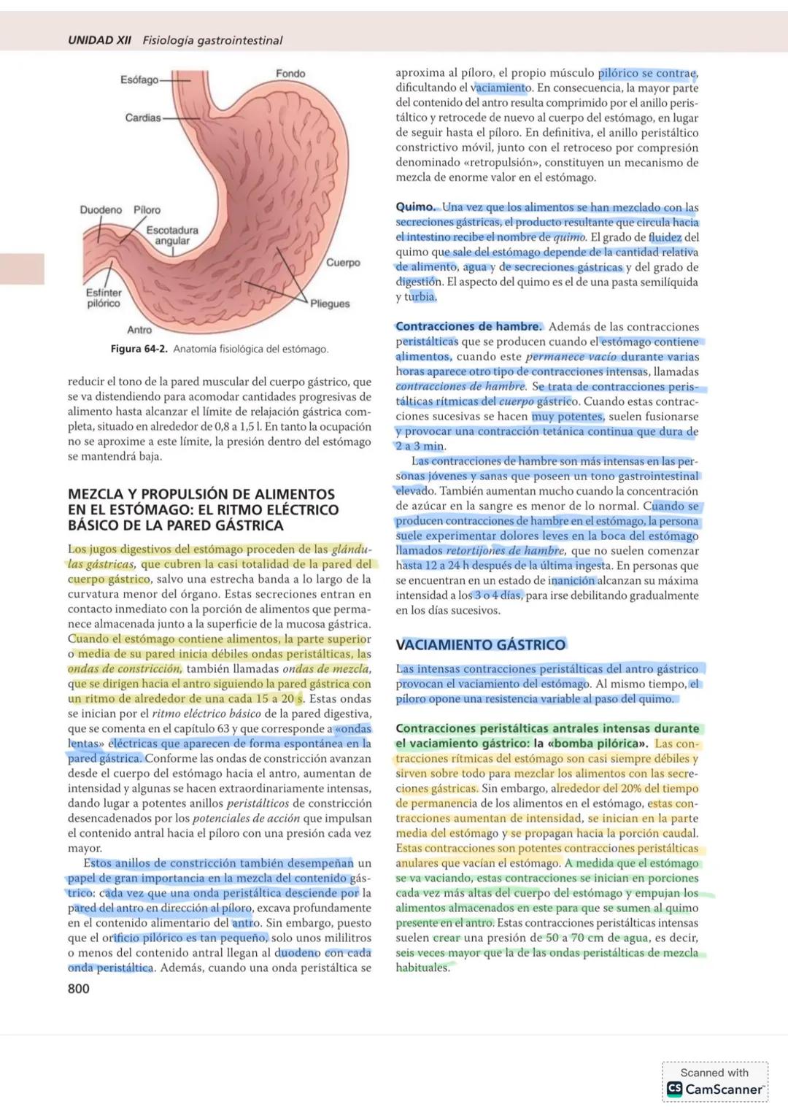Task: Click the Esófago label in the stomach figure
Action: point(139,80)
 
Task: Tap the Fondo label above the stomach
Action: point(290,74)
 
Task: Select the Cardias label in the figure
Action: point(142,117)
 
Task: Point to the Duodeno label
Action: point(101,210)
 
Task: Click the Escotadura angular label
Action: point(172,235)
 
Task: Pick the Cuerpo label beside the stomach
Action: point(343,263)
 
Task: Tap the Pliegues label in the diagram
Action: point(330,304)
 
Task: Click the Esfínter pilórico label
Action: point(104,298)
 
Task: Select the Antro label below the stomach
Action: point(139,330)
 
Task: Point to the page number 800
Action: point(79,989)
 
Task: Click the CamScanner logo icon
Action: point(674,1089)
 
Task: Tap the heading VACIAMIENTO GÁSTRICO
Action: point(480,645)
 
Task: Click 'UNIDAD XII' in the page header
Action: point(99,41)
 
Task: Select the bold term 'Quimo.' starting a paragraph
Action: point(415,207)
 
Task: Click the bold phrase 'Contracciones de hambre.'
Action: point(468,327)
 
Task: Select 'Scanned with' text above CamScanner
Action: point(714,1073)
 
